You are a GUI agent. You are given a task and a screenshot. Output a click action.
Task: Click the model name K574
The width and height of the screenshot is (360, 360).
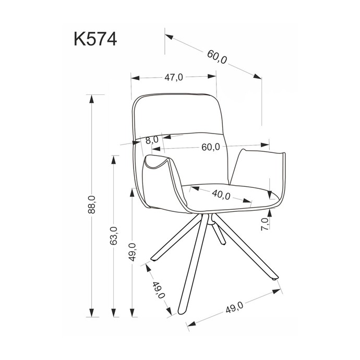tap(95, 39)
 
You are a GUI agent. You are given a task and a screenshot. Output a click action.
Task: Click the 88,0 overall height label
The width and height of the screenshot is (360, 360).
tap(92, 205)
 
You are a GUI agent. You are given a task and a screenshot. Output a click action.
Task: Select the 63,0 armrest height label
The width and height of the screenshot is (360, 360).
tap(114, 235)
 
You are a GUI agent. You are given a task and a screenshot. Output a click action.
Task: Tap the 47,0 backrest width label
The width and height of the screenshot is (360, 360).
tap(174, 78)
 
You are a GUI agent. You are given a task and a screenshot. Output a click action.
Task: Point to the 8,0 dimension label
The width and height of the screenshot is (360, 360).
tap(152, 140)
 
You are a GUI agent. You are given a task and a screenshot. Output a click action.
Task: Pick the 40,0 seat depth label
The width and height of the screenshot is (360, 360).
tap(221, 195)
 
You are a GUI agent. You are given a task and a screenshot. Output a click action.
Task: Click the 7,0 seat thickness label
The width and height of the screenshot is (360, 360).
tap(265, 224)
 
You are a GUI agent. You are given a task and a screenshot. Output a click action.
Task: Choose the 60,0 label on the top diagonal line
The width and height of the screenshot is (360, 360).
tap(217, 57)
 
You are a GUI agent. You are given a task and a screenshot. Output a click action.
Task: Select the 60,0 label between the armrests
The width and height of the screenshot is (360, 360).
tap(211, 147)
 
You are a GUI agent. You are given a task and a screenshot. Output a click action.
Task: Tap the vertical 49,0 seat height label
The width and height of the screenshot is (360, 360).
tap(133, 252)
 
